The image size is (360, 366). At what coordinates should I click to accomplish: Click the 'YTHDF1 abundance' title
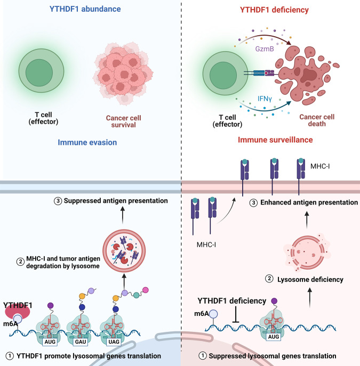point(85,9)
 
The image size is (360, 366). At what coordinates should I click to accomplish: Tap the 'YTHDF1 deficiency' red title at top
point(274,10)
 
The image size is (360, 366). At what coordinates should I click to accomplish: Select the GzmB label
point(265,49)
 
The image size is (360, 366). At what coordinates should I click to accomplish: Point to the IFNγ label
point(265,99)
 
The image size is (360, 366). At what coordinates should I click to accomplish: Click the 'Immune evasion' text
point(87,142)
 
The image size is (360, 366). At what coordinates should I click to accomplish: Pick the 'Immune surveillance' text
point(275,140)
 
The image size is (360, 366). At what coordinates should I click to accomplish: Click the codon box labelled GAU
point(81,342)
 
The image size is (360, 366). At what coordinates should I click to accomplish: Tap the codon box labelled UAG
point(114,342)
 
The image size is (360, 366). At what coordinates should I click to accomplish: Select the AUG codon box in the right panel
point(273,337)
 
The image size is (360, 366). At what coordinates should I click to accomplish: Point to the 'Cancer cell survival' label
point(123,121)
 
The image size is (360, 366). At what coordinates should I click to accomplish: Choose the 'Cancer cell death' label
point(317,120)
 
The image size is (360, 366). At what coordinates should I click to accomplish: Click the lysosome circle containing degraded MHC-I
point(124,251)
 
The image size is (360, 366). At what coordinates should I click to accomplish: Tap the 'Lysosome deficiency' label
point(310,279)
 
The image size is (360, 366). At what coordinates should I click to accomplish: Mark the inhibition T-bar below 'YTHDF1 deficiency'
point(236,314)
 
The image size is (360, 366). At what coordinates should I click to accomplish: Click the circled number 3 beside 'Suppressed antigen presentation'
point(58,201)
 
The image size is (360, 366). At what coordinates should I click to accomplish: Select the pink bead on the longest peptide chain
point(146,290)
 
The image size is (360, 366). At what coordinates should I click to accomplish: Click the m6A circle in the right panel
point(213,314)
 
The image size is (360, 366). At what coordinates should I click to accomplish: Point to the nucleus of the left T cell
point(39,72)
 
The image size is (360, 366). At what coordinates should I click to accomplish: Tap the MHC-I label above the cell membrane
point(320,166)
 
